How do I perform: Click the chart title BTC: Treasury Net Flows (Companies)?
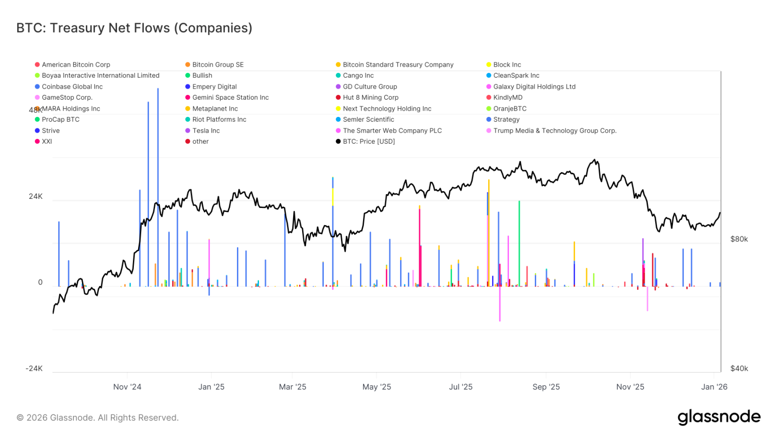pyautogui.click(x=134, y=28)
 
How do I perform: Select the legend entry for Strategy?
pyautogui.click(x=506, y=120)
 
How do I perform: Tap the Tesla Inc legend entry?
pyautogui.click(x=206, y=131)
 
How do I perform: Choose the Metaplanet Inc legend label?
pyautogui.click(x=215, y=109)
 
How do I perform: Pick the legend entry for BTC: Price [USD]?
pyautogui.click(x=368, y=142)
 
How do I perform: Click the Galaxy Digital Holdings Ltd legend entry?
pyautogui.click(x=534, y=87)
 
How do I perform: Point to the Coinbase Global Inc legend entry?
pyautogui.click(x=72, y=87)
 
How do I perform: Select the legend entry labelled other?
pyautogui.click(x=200, y=142)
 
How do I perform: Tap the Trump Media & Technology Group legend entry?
pyautogui.click(x=554, y=131)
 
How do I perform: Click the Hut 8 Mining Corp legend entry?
pyautogui.click(x=370, y=98)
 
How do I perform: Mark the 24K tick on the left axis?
pyautogui.click(x=35, y=196)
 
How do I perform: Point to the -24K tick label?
pyautogui.click(x=34, y=368)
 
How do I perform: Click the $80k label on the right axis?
pyautogui.click(x=739, y=239)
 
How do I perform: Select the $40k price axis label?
pyautogui.click(x=739, y=368)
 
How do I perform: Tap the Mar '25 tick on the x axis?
pyautogui.click(x=293, y=387)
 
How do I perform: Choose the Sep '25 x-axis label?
pyautogui.click(x=546, y=387)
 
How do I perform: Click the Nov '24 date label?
pyautogui.click(x=127, y=387)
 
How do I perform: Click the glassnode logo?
pyautogui.click(x=718, y=417)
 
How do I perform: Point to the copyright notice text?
pyautogui.click(x=97, y=418)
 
